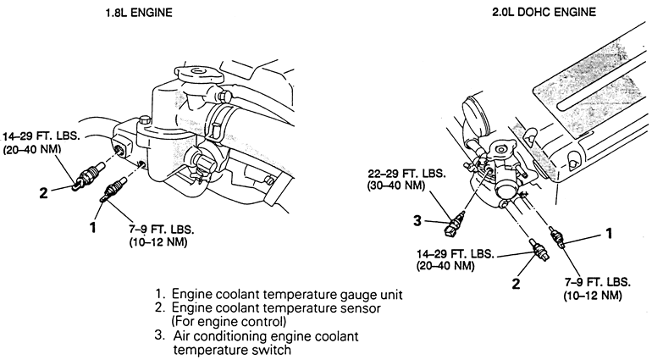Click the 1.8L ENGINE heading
(139, 13)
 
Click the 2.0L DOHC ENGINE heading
(544, 12)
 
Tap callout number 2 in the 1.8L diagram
(44, 192)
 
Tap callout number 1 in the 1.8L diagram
(93, 227)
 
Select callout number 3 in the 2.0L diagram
(417, 220)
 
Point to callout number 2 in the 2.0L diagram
(516, 284)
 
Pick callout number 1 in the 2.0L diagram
(609, 234)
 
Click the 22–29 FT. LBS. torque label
(406, 174)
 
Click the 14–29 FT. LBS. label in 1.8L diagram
(41, 136)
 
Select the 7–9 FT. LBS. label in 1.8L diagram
(162, 230)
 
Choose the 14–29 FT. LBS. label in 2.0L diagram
(455, 253)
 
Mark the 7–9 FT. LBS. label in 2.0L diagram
(597, 282)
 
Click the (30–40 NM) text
(396, 186)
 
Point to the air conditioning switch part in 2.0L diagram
(456, 224)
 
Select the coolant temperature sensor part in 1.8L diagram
(88, 175)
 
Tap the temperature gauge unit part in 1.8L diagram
(113, 189)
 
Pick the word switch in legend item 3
(272, 350)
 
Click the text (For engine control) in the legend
(229, 322)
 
